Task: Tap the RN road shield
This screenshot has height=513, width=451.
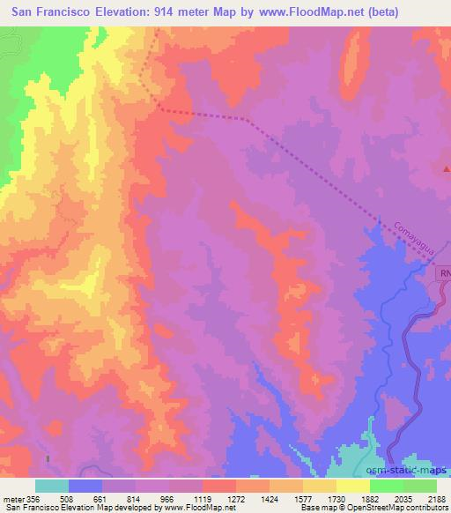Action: point(445,275)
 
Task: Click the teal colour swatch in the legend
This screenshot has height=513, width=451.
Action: point(52,486)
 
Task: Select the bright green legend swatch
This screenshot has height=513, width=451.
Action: point(386,486)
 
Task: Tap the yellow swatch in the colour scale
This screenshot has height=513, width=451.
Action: point(319,486)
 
